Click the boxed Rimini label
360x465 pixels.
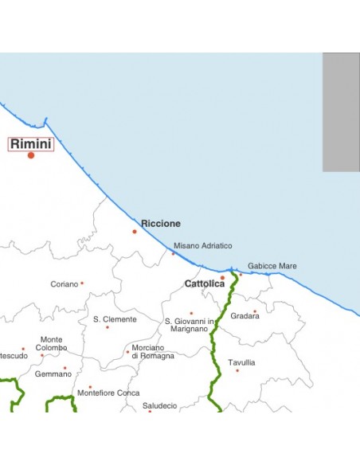pos(31,144)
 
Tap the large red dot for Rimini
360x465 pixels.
pos(31,155)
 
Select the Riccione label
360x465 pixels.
pos(161,224)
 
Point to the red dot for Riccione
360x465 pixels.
pos(135,232)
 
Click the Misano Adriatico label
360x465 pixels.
pos(203,246)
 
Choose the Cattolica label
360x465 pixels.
pos(204,283)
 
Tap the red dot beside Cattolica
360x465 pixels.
pos(222,278)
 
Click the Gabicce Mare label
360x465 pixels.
pos(272,266)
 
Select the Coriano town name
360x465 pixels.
pos(65,283)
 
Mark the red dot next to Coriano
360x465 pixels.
pos(82,283)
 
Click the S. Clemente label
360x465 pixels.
pos(115,319)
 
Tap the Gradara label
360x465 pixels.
pos(245,316)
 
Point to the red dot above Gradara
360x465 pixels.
pos(255,311)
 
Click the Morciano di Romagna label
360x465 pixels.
pos(153,352)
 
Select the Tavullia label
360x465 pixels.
pos(241,362)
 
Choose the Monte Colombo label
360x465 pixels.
pos(52,344)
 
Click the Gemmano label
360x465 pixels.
pos(53,373)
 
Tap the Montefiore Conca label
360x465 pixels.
pos(108,393)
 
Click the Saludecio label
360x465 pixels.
pos(159,405)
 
